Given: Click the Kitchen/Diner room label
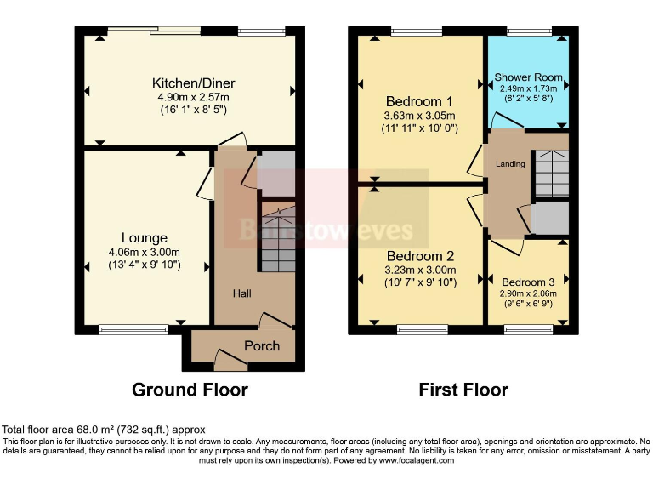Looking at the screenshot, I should (x=193, y=83).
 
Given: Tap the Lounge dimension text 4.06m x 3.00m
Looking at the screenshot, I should (x=145, y=252).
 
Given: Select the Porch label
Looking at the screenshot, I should (x=262, y=346).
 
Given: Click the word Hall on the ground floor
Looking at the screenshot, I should (x=243, y=293).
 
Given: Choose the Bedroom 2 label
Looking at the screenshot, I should (x=421, y=256).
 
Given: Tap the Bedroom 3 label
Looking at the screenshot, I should (x=528, y=282).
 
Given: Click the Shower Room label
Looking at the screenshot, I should (x=528, y=77).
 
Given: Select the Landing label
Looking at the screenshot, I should (x=510, y=163).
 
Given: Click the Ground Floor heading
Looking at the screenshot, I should (x=190, y=390).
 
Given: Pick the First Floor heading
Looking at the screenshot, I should (x=463, y=390).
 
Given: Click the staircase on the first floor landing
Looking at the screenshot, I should (x=550, y=175).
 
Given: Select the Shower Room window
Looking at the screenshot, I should (x=521, y=31).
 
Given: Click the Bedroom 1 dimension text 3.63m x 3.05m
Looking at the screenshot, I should (x=421, y=116).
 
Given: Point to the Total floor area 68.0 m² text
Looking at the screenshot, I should (x=103, y=430).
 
